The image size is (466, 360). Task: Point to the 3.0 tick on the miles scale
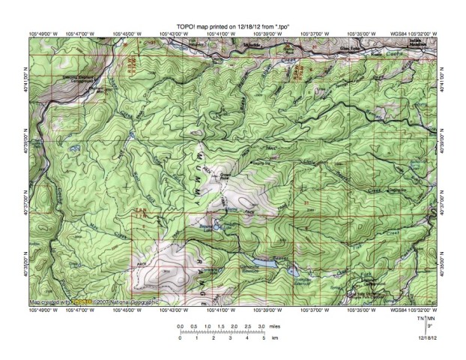261,328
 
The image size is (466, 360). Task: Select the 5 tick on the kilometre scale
264,338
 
